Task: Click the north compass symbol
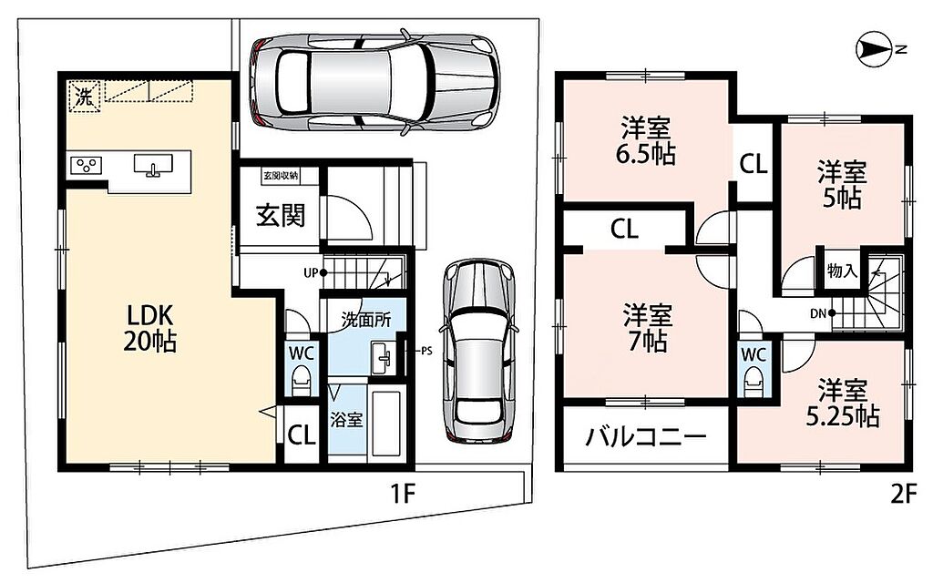click(874, 50)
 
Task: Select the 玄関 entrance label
click(281, 214)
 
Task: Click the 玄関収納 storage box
click(281, 176)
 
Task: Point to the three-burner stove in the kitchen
click(87, 165)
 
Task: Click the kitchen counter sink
click(153, 165)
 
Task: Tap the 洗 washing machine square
click(83, 96)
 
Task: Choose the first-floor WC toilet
click(301, 380)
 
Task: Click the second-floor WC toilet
click(753, 381)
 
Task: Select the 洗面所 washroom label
click(366, 320)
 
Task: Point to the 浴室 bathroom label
click(346, 420)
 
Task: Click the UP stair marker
click(314, 273)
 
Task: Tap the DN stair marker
click(823, 313)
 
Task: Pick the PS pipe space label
click(426, 351)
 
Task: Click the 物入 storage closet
click(841, 271)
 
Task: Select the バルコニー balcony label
click(646, 438)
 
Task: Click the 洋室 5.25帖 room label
click(843, 404)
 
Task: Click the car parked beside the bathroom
click(478, 351)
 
